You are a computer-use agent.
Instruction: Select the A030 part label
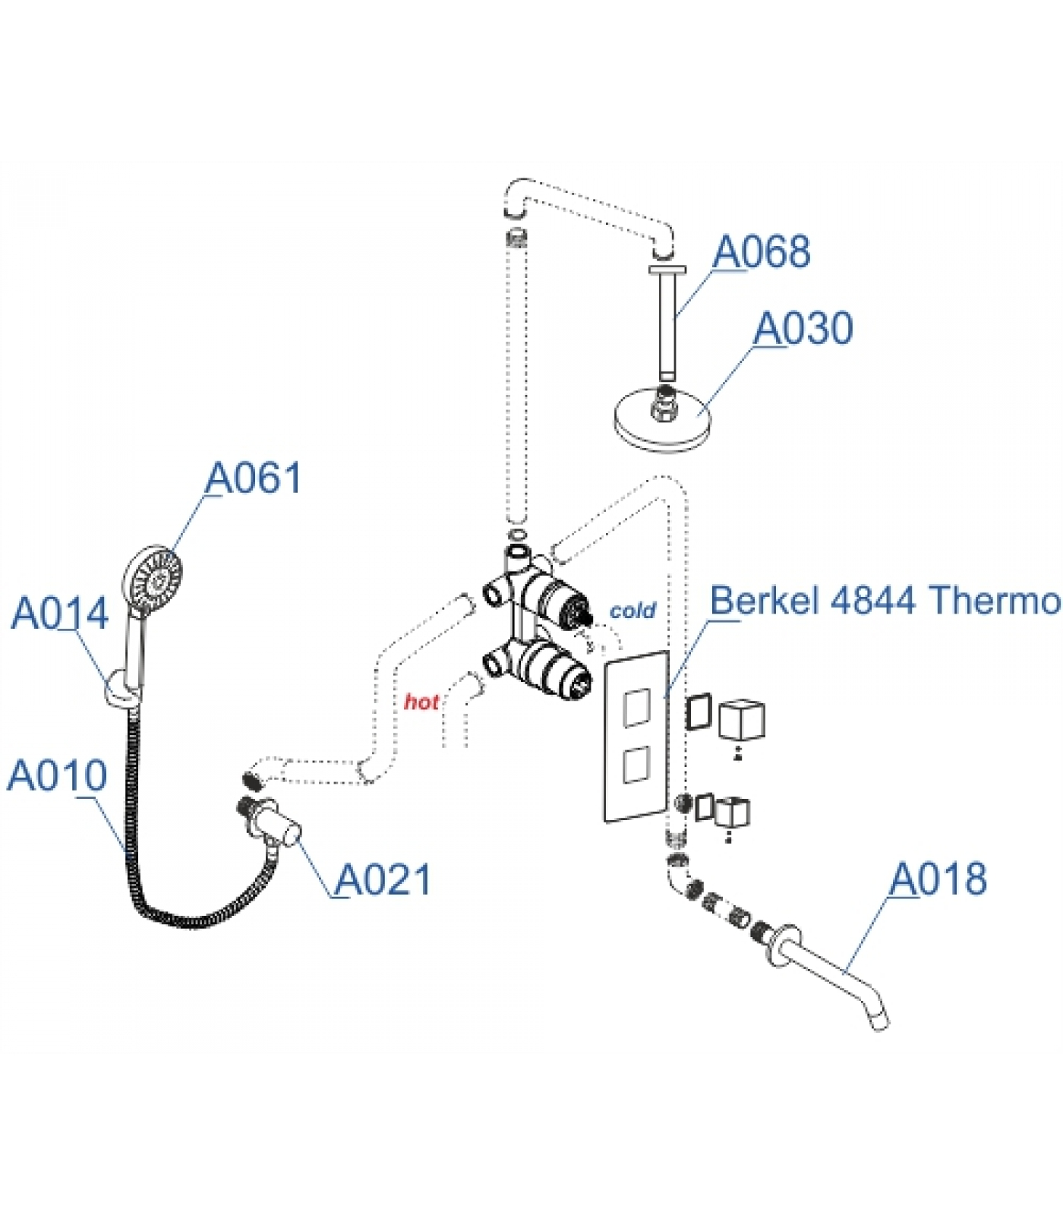[803, 328]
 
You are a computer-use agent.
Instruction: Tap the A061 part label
[254, 478]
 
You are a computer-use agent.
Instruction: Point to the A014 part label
[60, 613]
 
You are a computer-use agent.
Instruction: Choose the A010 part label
[57, 775]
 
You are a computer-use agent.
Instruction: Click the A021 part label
[383, 879]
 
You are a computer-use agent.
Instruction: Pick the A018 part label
[938, 879]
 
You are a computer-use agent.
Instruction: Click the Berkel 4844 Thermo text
[885, 601]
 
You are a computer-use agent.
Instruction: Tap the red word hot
[421, 702]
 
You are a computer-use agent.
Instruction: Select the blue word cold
[632, 611]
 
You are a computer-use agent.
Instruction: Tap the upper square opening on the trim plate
[636, 708]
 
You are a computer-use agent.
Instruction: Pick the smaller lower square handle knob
[732, 812]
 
